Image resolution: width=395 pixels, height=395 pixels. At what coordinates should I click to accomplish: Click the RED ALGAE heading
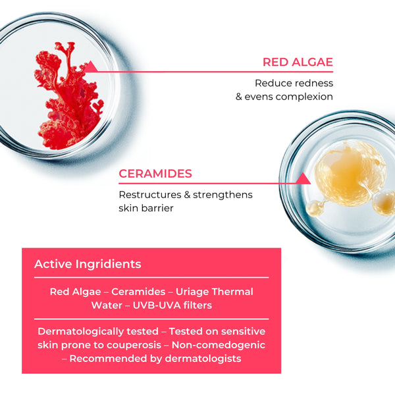point(298,63)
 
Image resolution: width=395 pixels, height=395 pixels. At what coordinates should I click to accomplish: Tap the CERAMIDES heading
point(155,174)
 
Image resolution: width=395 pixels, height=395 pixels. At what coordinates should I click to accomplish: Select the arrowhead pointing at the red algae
point(92,66)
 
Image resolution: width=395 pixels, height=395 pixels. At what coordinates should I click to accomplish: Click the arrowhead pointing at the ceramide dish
point(303,178)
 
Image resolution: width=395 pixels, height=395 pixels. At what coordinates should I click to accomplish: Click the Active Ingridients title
point(88,264)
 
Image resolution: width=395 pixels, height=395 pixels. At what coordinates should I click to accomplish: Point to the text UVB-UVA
point(159,305)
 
